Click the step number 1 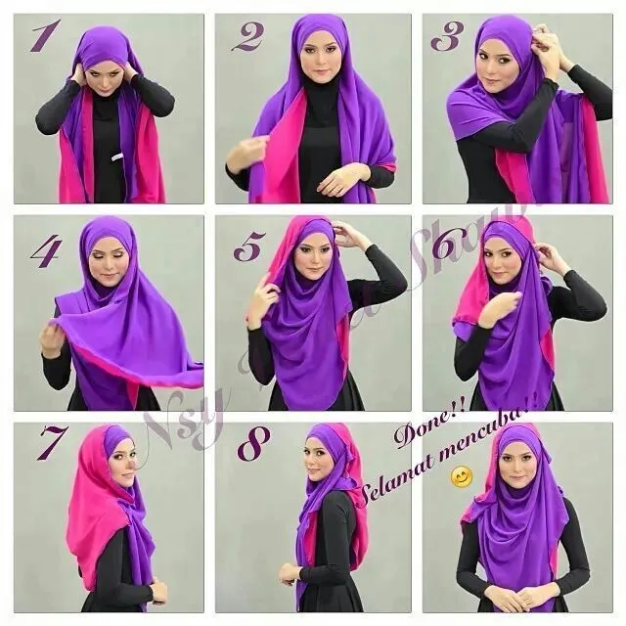[41, 36]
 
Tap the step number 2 [246, 36]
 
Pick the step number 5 [246, 246]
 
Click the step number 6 [446, 246]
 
